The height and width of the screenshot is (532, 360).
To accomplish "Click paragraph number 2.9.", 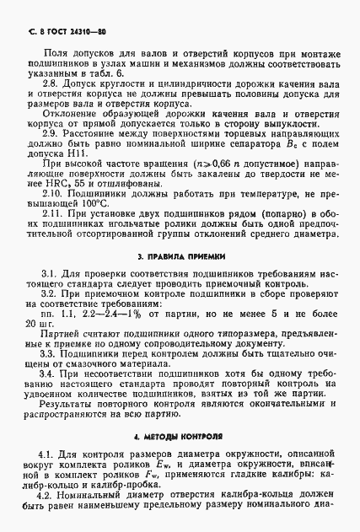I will (x=51, y=133).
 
